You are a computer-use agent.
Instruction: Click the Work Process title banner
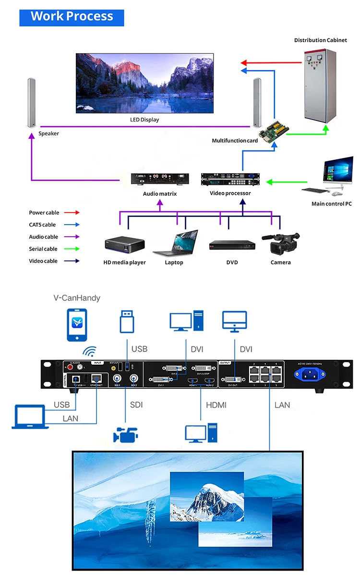point(72,17)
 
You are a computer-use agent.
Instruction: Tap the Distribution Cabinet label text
point(320,40)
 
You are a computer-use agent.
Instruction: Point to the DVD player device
point(232,245)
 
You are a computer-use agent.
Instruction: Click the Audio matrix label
point(160,194)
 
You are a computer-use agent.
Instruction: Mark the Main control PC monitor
point(338,172)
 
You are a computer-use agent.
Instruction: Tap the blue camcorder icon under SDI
point(126,434)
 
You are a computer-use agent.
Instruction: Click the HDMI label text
point(216,405)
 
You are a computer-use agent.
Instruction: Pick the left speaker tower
point(32,102)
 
